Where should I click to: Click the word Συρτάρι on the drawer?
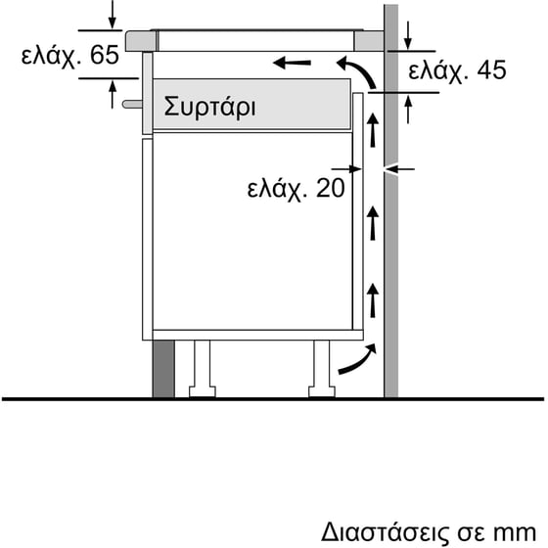pyautogui.click(x=209, y=106)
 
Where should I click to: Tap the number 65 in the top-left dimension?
pyautogui.click(x=102, y=56)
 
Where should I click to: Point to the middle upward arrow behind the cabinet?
pyautogui.click(x=373, y=224)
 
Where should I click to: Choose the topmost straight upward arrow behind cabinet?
pyautogui.click(x=373, y=131)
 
